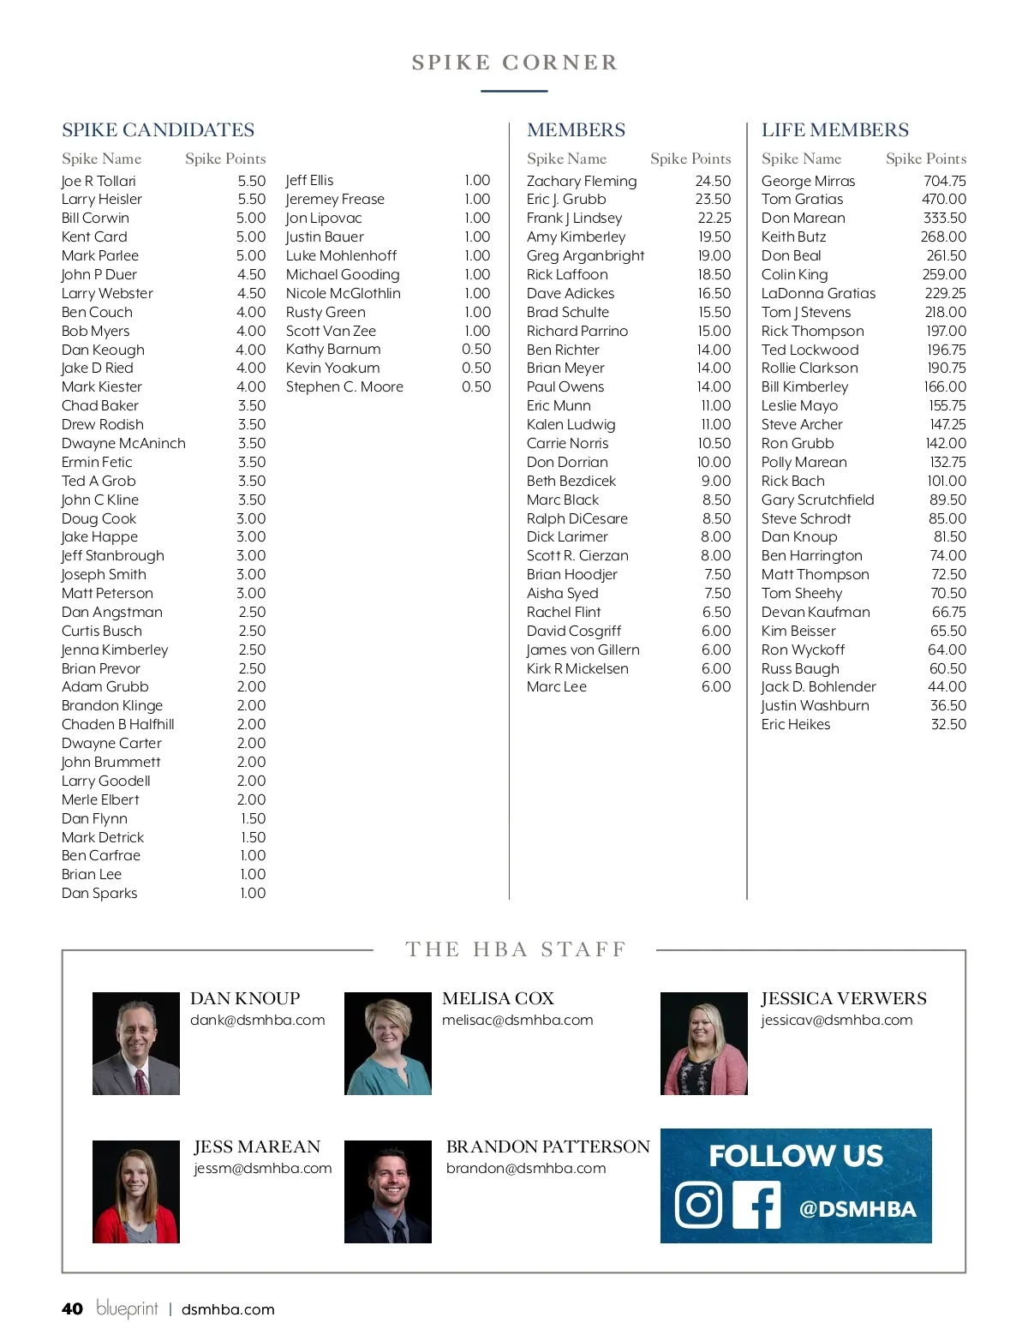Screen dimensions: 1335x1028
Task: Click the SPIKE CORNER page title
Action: (514, 63)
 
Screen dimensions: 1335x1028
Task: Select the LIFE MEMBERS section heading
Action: (834, 130)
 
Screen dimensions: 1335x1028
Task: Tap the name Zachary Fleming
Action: (582, 181)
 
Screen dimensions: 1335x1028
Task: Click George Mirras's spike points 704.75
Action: (944, 181)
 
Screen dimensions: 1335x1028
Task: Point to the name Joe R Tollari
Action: (99, 181)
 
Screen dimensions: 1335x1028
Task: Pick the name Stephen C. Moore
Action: (344, 386)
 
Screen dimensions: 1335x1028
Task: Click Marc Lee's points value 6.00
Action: (716, 686)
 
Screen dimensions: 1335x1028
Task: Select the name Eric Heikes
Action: (796, 724)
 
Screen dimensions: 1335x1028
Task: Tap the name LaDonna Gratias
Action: (818, 293)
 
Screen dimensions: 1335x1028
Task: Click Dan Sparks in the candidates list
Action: (99, 893)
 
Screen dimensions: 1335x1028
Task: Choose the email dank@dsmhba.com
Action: (257, 1020)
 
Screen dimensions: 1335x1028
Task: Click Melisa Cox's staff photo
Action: (388, 1043)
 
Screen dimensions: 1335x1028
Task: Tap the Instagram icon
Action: (699, 1205)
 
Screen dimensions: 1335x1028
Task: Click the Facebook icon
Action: (756, 1205)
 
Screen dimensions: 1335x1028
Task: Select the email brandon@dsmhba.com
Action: (525, 1168)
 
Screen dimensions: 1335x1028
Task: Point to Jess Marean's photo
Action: (136, 1191)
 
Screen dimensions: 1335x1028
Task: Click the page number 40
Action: (73, 1308)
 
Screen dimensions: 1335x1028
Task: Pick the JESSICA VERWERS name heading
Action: (843, 998)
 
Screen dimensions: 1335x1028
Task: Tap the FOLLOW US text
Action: (795, 1156)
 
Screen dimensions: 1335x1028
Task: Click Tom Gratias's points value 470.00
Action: (943, 199)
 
